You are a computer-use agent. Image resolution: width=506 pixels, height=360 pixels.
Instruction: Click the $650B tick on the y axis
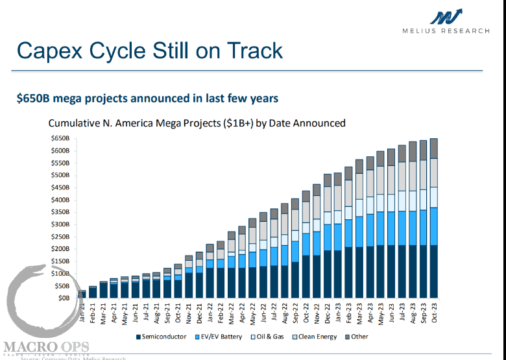[x=60, y=139]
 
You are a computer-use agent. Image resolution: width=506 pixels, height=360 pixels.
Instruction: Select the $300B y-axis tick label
[x=60, y=224]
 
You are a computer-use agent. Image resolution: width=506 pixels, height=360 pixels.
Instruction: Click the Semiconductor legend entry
[x=162, y=337]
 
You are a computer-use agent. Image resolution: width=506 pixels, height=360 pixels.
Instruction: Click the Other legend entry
[x=358, y=337]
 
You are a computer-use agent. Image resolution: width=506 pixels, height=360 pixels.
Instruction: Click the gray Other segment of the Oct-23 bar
[x=433, y=149]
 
